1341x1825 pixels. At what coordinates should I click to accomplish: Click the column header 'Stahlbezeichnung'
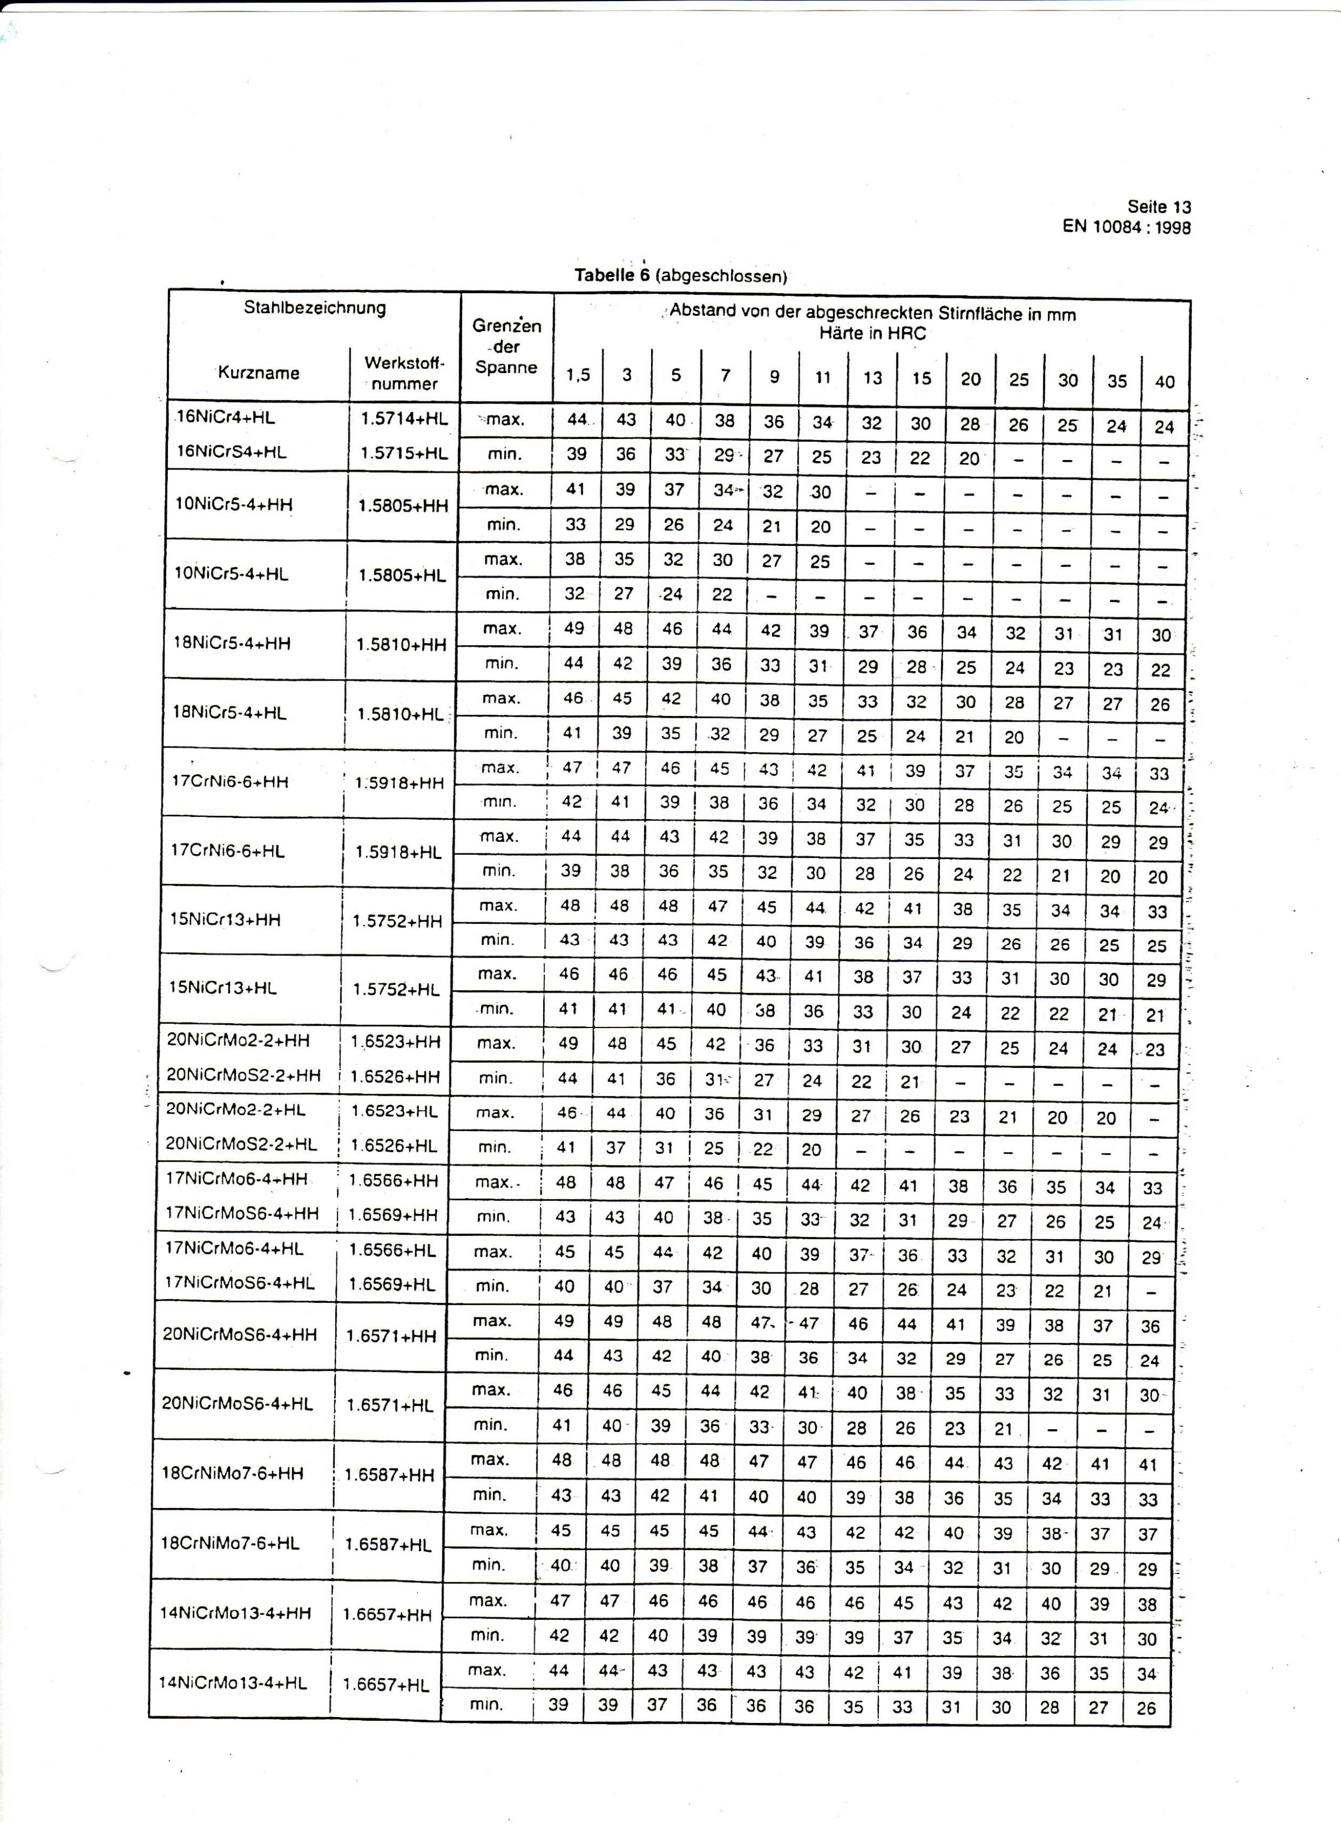click(315, 308)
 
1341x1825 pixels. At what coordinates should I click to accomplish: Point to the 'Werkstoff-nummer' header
click(404, 373)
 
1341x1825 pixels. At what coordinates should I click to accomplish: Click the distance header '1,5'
click(578, 375)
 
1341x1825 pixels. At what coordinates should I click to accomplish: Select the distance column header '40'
click(1164, 381)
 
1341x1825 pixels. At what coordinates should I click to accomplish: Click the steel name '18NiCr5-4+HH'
click(232, 643)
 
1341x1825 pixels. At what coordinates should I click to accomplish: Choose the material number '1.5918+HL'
click(398, 852)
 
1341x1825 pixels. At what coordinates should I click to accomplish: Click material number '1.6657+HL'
click(386, 1684)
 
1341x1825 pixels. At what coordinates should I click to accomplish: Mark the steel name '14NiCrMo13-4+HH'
click(235, 1613)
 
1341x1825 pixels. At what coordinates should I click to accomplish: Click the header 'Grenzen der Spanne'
click(506, 347)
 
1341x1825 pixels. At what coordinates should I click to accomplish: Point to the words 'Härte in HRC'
click(872, 334)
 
